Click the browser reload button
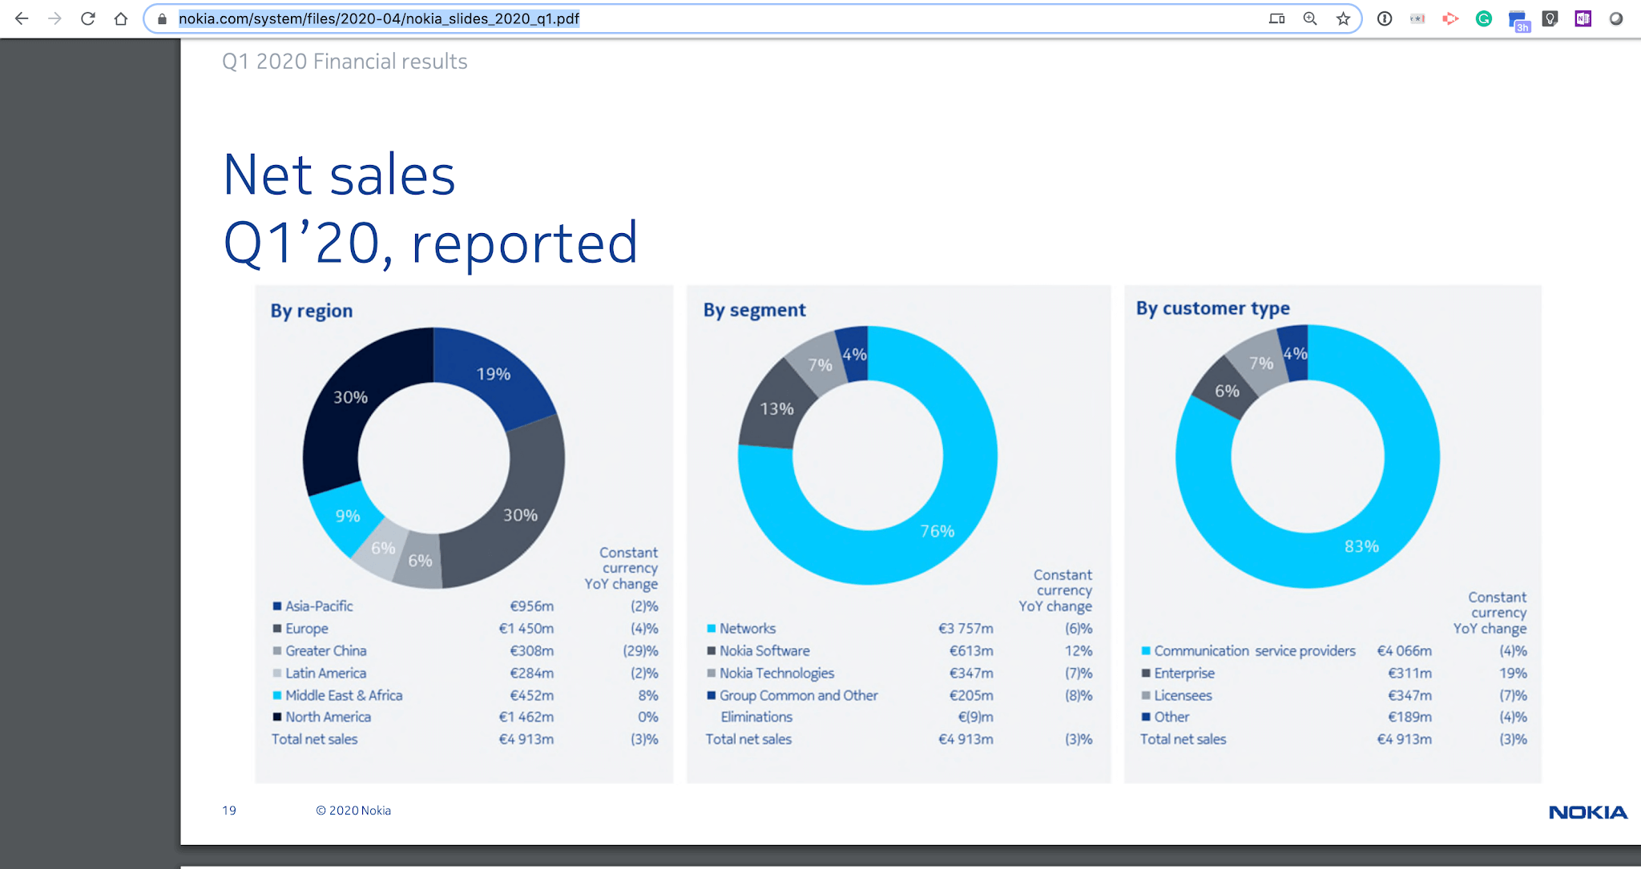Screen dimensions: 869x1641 click(x=88, y=18)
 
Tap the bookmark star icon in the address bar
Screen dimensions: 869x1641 click(x=1343, y=18)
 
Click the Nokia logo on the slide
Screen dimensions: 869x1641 click(x=1587, y=812)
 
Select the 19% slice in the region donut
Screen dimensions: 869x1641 click(x=493, y=374)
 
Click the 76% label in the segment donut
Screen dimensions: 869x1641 click(x=937, y=531)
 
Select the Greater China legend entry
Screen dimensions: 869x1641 click(x=325, y=651)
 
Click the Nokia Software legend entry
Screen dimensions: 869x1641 click(x=764, y=651)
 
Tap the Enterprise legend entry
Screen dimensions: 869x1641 click(x=1183, y=674)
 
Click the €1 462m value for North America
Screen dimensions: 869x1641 click(x=526, y=717)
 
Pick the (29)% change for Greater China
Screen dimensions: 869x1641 click(x=640, y=651)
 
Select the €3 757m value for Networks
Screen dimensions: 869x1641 click(x=966, y=629)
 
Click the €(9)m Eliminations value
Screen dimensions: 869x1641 click(x=975, y=717)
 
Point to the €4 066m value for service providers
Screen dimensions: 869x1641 click(x=1404, y=651)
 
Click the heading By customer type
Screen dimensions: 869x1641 click(x=1212, y=308)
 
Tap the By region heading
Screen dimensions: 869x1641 click(x=311, y=311)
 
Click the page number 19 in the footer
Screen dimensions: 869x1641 click(x=229, y=811)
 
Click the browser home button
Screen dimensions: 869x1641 click(x=121, y=18)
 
